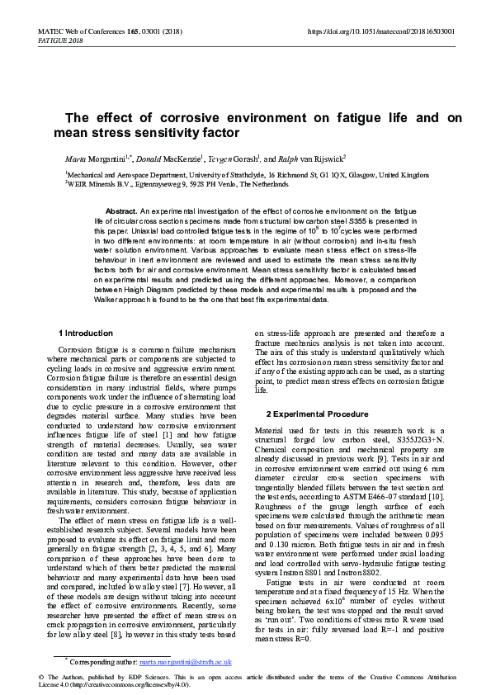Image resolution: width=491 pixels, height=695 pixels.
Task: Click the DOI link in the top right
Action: point(380,31)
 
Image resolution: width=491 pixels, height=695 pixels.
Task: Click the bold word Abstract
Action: point(121,212)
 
